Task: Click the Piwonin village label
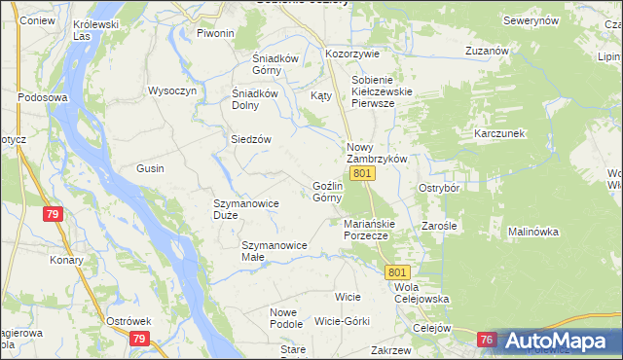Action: pyautogui.click(x=215, y=33)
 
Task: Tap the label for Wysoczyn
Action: pyautogui.click(x=172, y=90)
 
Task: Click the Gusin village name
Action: pyautogui.click(x=150, y=168)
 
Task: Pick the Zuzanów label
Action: pyautogui.click(x=488, y=50)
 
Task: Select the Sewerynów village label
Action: pyautogui.click(x=530, y=20)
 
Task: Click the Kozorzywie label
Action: pyautogui.click(x=352, y=54)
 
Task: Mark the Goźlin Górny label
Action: pyautogui.click(x=327, y=192)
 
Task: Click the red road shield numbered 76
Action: pyautogui.click(x=488, y=339)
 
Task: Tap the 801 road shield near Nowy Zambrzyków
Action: pyautogui.click(x=362, y=173)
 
